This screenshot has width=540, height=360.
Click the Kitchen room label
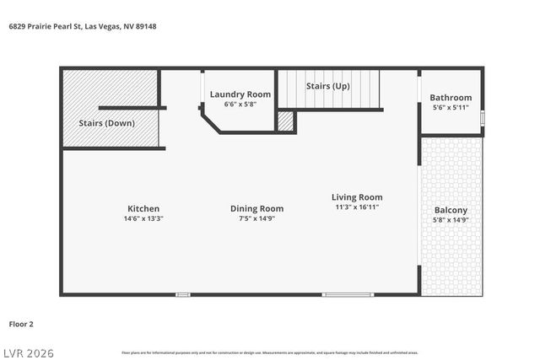coord(143,208)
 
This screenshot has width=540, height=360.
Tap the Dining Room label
coord(257,208)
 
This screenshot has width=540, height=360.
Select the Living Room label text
coord(357,197)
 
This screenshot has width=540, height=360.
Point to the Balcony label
coord(451,210)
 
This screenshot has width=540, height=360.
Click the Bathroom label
coord(451,98)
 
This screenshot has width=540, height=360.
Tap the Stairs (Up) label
coord(328,86)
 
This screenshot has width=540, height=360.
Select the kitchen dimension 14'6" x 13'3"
coord(143,218)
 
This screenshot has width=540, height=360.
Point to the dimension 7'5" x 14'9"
coord(257,218)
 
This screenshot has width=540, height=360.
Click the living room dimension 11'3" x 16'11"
coord(357,207)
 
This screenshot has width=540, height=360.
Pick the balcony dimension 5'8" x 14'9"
coord(451,220)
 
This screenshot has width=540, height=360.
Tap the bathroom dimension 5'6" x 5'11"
coord(451,108)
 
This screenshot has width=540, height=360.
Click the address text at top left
coord(83,26)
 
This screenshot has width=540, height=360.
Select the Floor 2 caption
coord(21,323)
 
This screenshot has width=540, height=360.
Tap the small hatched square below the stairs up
coord(286,121)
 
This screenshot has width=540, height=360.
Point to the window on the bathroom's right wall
coord(482,118)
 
